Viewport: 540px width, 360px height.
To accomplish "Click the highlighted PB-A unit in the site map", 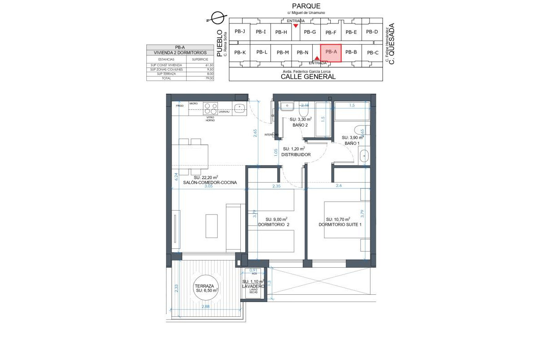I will click(x=331, y=53).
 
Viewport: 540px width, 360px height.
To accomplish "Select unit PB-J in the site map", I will click(x=240, y=31).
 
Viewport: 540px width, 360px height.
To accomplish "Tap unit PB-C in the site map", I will click(x=372, y=53).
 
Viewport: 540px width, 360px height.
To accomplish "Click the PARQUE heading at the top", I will click(x=306, y=6).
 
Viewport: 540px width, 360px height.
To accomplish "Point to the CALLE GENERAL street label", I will click(x=308, y=76).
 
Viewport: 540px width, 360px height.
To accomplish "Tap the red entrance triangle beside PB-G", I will click(x=295, y=26).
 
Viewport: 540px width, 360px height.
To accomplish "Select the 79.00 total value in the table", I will click(x=209, y=78).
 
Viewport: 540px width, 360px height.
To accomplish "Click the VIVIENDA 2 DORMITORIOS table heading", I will click(x=180, y=53).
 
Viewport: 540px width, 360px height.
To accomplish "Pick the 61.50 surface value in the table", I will click(x=209, y=65).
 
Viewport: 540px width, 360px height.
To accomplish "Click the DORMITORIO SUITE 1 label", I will click(x=340, y=225).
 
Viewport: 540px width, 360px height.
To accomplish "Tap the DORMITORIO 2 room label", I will click(x=274, y=225).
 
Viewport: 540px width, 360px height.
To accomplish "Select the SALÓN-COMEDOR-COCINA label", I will click(x=210, y=182).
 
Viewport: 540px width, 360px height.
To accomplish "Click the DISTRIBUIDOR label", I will click(x=296, y=154).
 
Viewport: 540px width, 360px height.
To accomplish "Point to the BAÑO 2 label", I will click(x=300, y=125).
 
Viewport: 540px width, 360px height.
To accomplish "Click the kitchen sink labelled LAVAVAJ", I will click(x=240, y=108).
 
